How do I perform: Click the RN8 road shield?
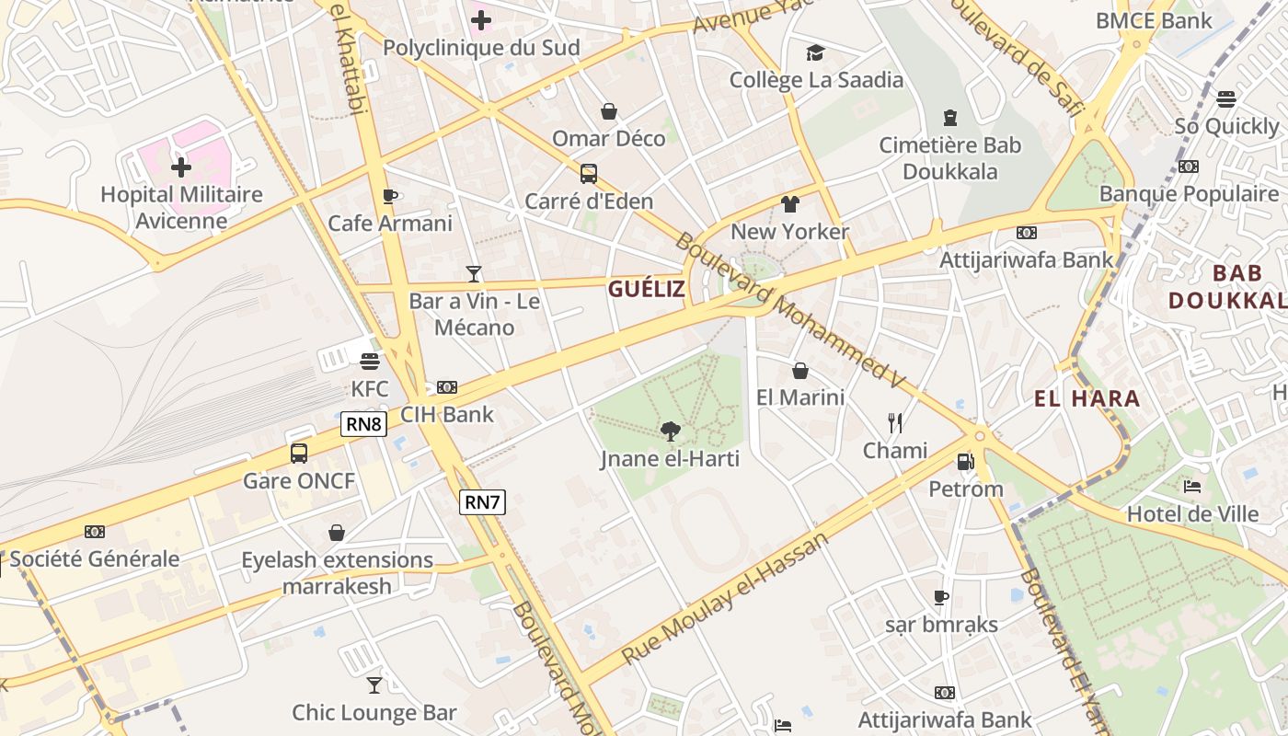(x=364, y=424)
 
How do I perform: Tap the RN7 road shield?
(x=482, y=502)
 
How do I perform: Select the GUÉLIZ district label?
(x=646, y=289)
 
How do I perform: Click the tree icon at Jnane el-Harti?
(x=671, y=430)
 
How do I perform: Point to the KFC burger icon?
(x=370, y=361)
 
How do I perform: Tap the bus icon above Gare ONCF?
(x=299, y=453)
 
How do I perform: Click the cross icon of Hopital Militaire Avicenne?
(x=181, y=167)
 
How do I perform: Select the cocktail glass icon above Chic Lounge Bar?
(x=374, y=684)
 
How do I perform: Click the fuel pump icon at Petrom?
(x=965, y=461)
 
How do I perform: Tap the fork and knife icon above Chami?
(x=895, y=422)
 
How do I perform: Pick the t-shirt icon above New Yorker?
(x=789, y=204)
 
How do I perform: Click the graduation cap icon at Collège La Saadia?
(x=815, y=52)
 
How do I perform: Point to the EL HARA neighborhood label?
(x=1087, y=398)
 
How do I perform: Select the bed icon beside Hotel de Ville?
(x=1192, y=486)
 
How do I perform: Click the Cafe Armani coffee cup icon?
(x=390, y=196)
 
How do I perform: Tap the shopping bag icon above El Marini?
(x=800, y=371)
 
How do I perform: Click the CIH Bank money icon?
(x=447, y=387)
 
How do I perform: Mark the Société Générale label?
(x=95, y=558)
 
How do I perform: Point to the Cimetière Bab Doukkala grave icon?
(x=949, y=118)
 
